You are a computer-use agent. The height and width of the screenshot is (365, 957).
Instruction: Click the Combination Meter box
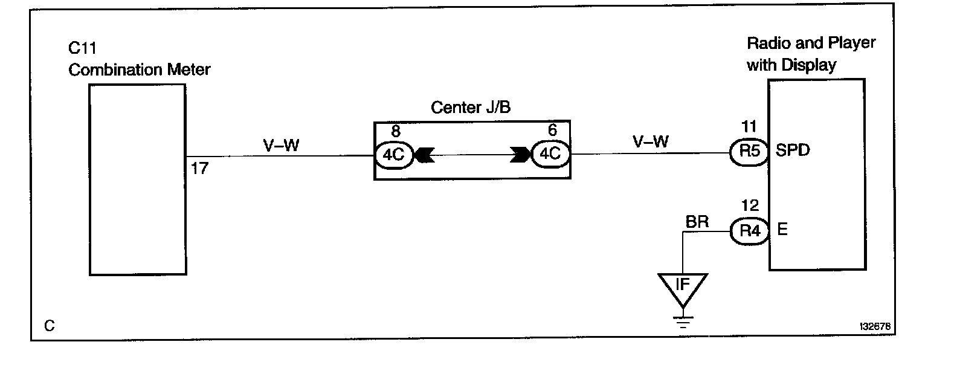tap(137, 179)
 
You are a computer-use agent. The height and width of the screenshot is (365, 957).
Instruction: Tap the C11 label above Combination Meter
tap(83, 48)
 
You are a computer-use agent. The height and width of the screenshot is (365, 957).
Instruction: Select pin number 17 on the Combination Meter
tap(199, 169)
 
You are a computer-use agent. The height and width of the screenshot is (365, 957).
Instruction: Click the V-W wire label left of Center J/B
tap(281, 146)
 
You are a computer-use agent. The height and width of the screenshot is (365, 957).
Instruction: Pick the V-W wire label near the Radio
tap(651, 142)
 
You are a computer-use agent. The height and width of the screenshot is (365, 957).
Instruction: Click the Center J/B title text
tap(471, 108)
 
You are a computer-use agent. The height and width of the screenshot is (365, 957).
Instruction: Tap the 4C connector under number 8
tap(393, 155)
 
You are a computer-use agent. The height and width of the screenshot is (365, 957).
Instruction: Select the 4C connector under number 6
tap(550, 154)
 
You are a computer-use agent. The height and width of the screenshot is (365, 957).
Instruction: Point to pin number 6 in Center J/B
tap(552, 131)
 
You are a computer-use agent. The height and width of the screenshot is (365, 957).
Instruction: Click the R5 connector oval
tap(749, 151)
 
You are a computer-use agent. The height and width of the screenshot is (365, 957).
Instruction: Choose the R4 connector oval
tap(749, 231)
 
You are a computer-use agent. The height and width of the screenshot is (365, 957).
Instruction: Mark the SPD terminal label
tap(793, 151)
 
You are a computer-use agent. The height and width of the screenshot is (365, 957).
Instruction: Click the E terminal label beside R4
tap(782, 230)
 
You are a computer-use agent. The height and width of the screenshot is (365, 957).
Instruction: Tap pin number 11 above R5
tap(749, 127)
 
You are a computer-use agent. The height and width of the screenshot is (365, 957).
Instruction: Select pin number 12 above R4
tap(750, 206)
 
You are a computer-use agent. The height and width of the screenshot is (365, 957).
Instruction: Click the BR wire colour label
tap(697, 222)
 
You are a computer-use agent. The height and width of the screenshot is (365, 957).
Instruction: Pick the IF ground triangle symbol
tap(683, 288)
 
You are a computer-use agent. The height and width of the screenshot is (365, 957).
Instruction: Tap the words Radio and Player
tap(811, 44)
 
